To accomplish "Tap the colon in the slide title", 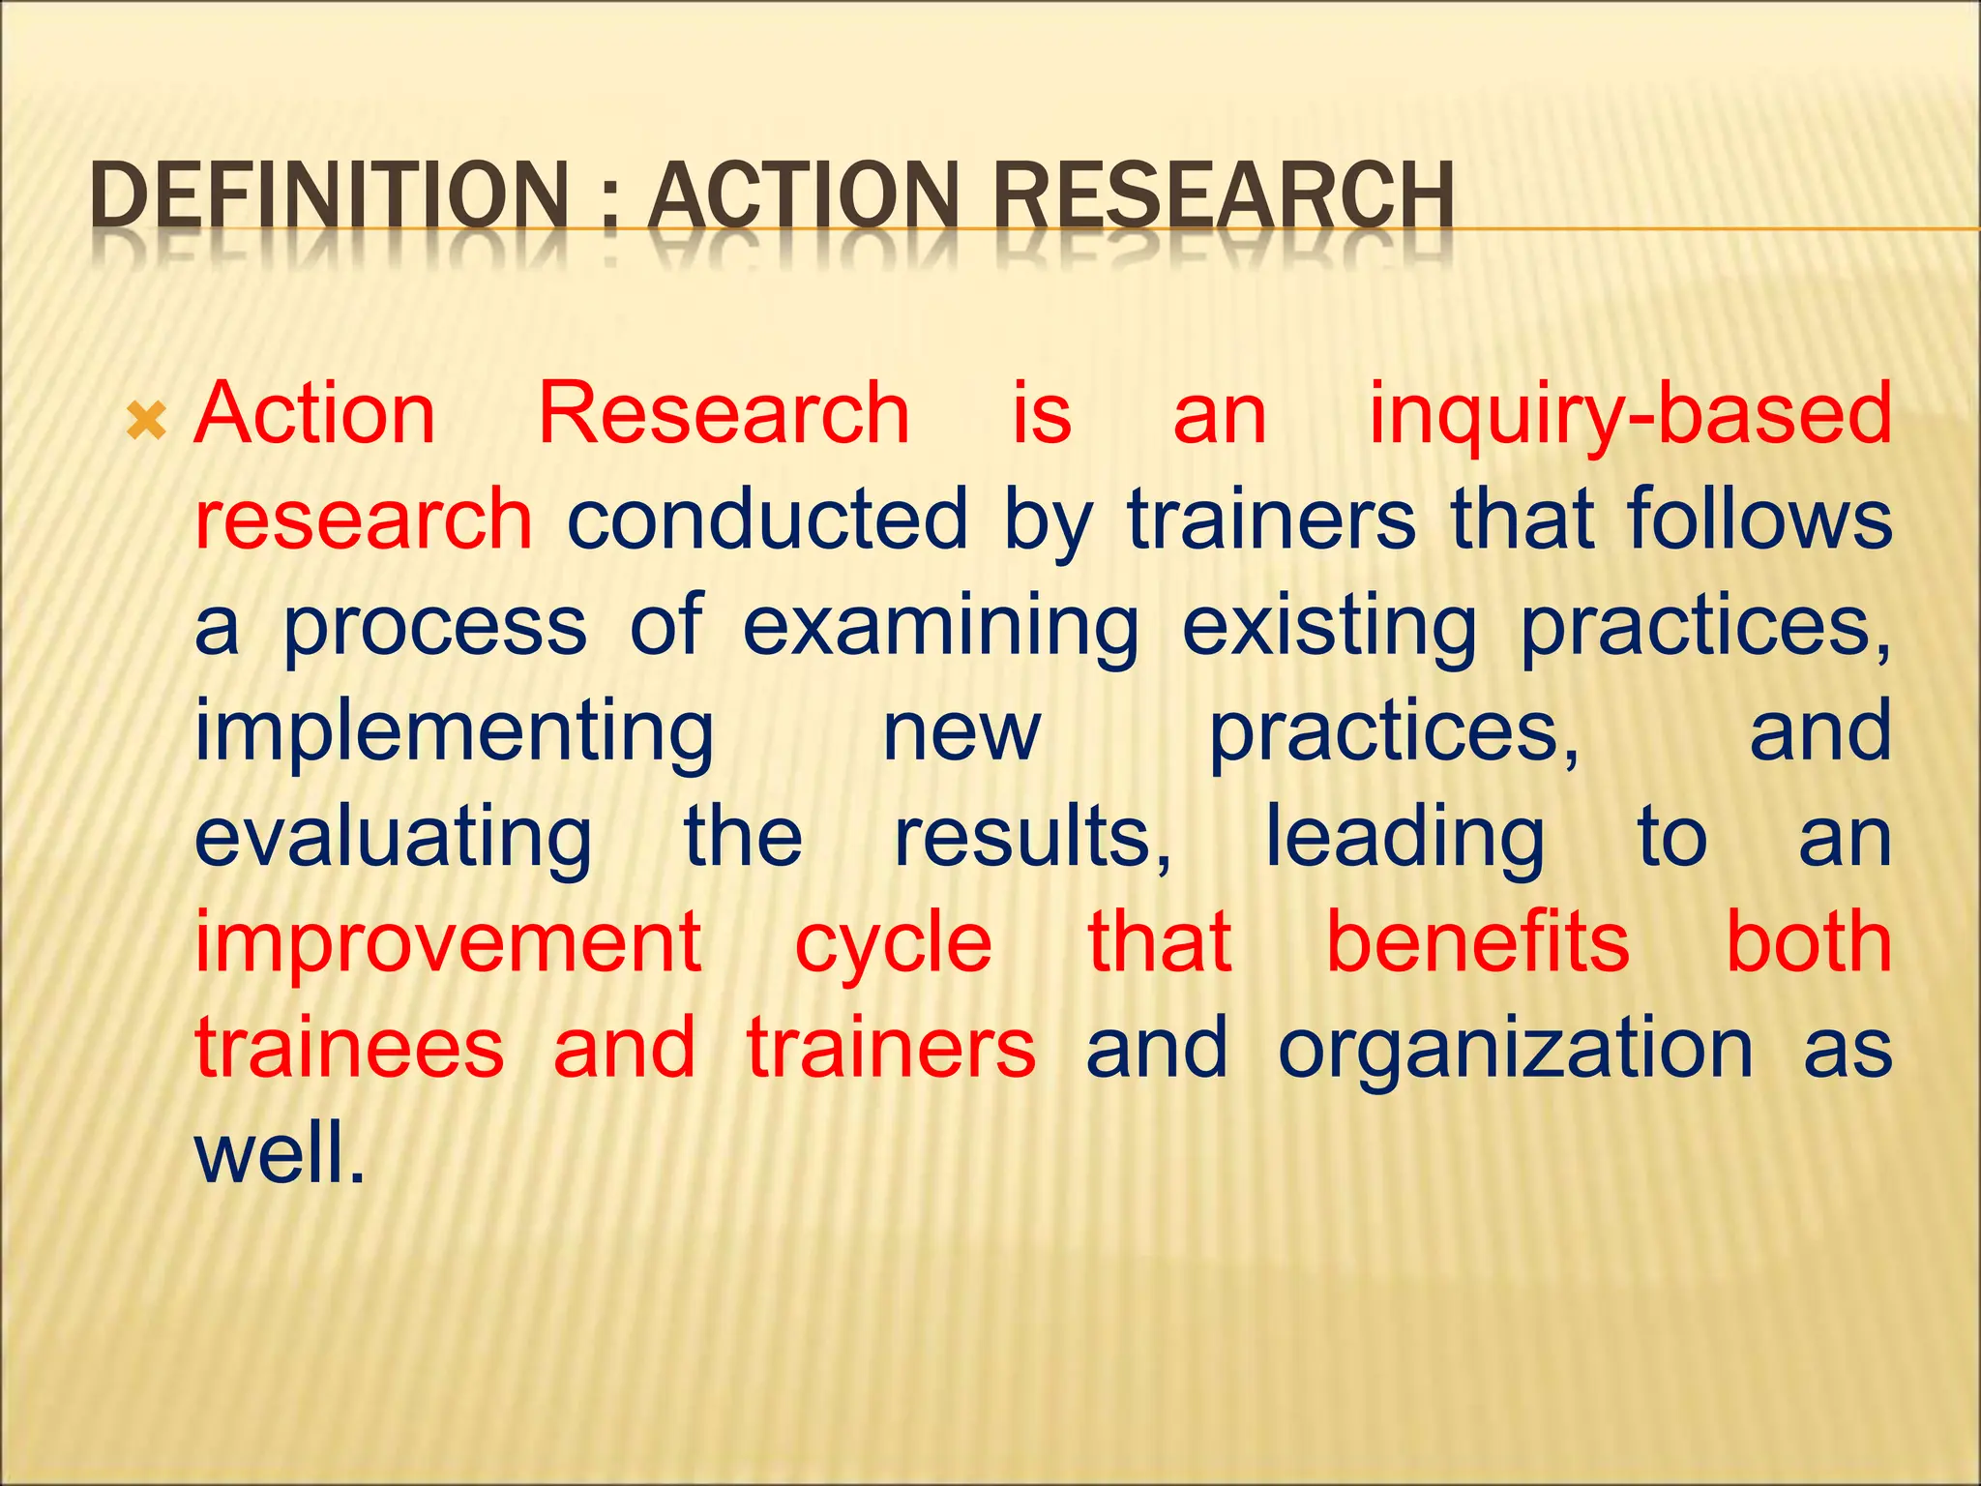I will pos(608,203).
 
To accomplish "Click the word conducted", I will pos(766,520).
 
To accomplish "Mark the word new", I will pos(961,732).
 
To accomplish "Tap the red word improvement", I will pos(449,944).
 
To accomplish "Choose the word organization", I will pos(1515,1050).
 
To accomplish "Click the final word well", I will pos(281,1153).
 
